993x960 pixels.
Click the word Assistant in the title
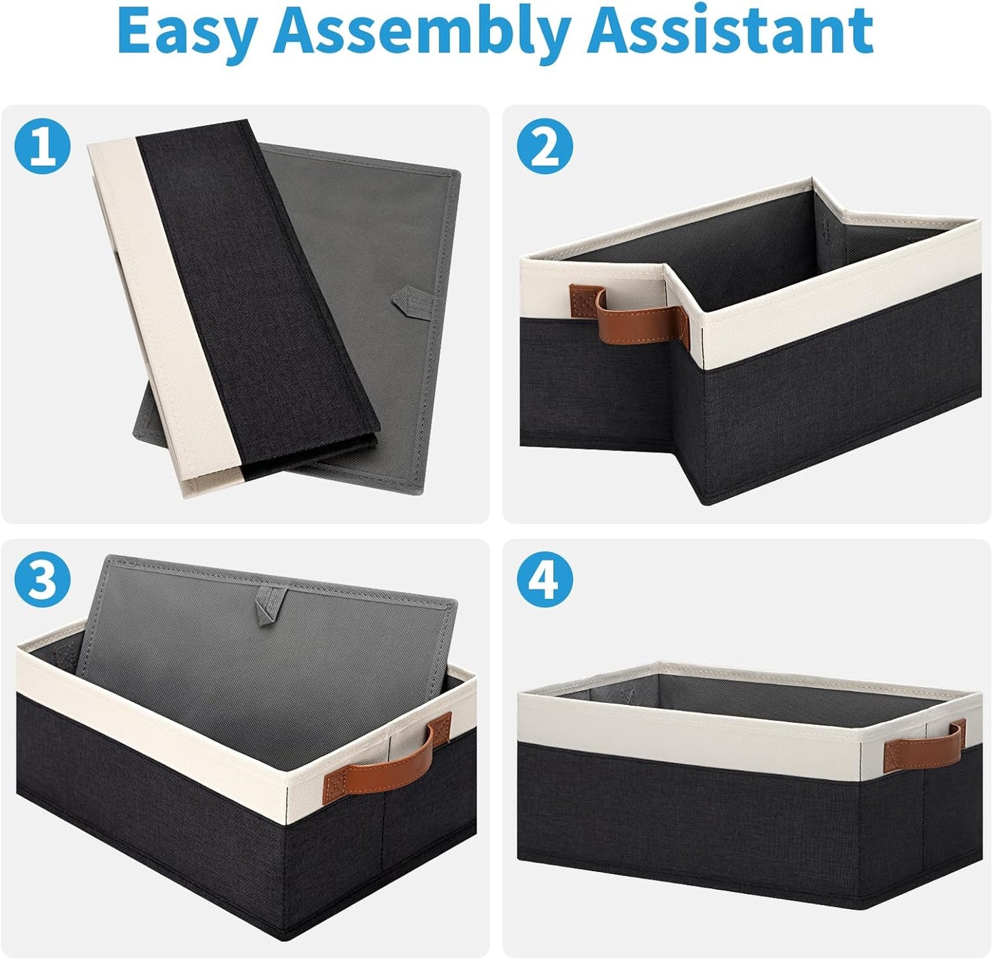pyautogui.click(x=735, y=31)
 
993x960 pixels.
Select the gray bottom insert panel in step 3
pyautogui.click(x=265, y=664)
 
